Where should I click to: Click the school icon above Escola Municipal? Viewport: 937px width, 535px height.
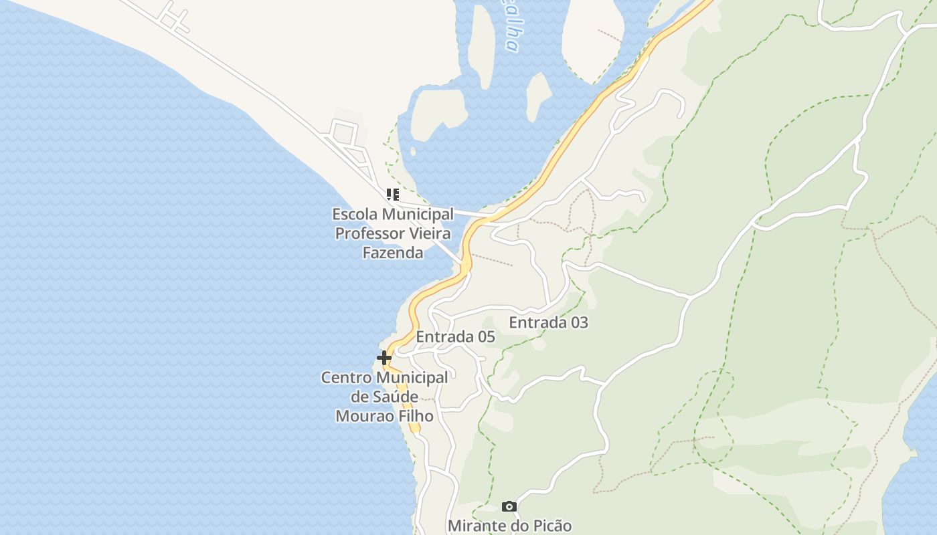[393, 195]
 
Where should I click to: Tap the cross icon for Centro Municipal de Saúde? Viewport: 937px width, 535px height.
[384, 358]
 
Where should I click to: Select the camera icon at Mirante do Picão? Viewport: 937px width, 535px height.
[509, 506]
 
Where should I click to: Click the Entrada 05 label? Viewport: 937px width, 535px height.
[455, 337]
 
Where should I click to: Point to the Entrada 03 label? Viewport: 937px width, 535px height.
[548, 322]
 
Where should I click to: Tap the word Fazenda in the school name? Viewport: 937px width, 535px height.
[393, 253]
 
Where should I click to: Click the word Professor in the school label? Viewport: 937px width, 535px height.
[370, 233]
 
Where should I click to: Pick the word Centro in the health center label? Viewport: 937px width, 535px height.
[345, 378]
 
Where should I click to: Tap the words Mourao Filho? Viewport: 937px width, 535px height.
[384, 416]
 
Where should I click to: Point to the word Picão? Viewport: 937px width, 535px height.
[552, 526]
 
